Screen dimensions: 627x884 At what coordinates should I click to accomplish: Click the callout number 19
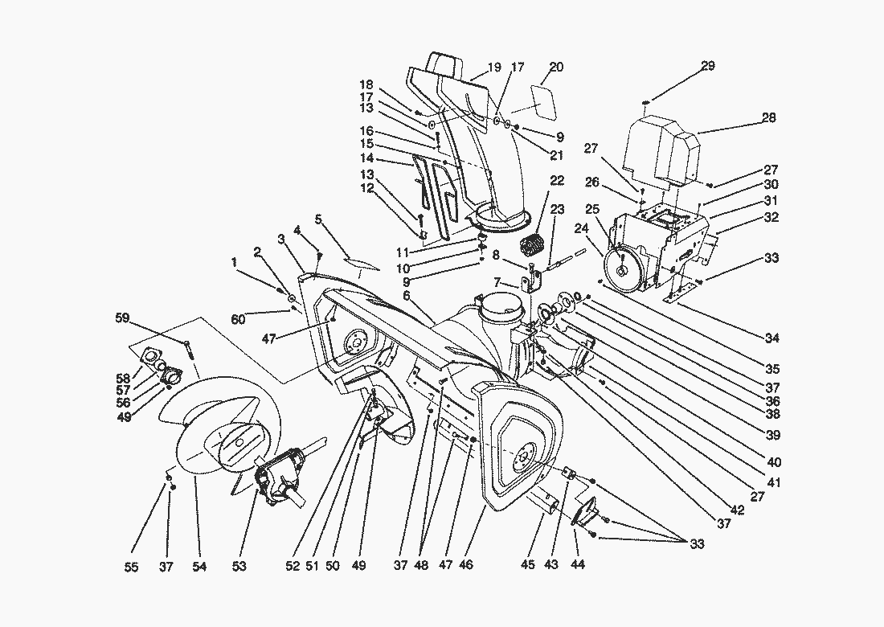point(494,68)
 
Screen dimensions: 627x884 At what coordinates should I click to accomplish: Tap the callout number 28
point(769,118)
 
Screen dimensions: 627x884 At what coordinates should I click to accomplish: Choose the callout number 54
point(199,567)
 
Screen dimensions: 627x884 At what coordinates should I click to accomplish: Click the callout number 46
point(465,567)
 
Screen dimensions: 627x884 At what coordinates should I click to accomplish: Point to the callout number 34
point(772,338)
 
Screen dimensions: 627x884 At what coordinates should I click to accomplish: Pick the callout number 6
point(407,296)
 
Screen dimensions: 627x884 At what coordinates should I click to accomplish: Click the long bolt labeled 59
point(187,348)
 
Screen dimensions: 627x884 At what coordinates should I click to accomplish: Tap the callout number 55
point(132,567)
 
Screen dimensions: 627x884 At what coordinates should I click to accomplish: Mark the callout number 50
point(333,567)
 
